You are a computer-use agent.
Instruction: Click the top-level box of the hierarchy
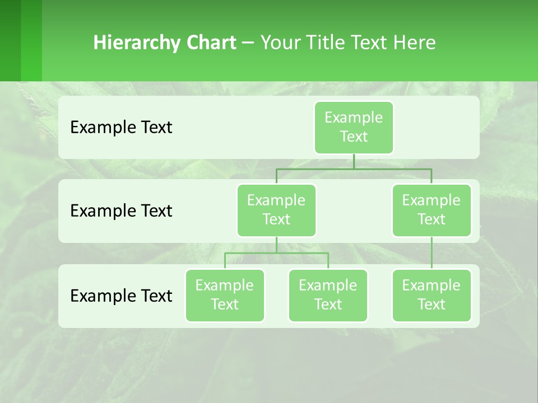tap(354, 127)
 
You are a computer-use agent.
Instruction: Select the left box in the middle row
tap(276, 210)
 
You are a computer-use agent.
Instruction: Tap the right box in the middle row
tap(432, 210)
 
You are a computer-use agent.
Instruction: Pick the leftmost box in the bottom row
tap(225, 295)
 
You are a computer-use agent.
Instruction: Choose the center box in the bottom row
tap(328, 295)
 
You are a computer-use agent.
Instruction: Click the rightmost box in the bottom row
tap(432, 295)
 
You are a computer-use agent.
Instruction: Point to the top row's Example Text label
tap(121, 128)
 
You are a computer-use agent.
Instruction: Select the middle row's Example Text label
tap(121, 211)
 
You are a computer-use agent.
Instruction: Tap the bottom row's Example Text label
tap(121, 296)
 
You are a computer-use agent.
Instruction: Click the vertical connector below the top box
tap(354, 161)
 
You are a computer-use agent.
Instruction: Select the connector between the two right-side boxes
tap(432, 253)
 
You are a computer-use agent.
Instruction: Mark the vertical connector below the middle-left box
tap(276, 245)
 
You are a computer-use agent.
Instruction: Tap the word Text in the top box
tap(354, 137)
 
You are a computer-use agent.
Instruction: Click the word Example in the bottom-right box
tap(431, 285)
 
